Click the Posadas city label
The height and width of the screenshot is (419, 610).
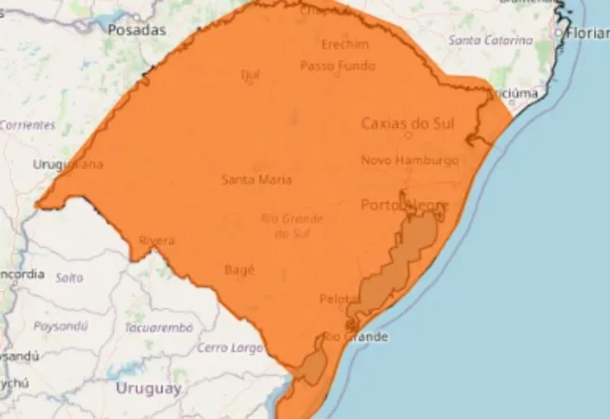point(137,30)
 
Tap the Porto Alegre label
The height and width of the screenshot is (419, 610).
point(404,205)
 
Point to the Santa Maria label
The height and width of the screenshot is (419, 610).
point(256,178)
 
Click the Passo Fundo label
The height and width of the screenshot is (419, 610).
point(337,66)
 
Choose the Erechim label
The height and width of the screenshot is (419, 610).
point(338,44)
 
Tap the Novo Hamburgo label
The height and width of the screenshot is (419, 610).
point(409,160)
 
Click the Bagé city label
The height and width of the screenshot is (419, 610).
point(239,269)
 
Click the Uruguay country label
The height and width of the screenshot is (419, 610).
point(148,387)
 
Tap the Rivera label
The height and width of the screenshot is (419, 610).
point(156,241)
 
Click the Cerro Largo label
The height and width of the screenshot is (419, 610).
point(230,348)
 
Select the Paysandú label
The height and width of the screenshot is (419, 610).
point(61,326)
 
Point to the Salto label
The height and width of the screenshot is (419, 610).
point(69,277)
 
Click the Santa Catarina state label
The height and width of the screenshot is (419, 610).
point(490,40)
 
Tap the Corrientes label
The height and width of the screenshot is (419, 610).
point(28,124)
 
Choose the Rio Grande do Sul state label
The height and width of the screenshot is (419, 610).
point(292,225)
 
